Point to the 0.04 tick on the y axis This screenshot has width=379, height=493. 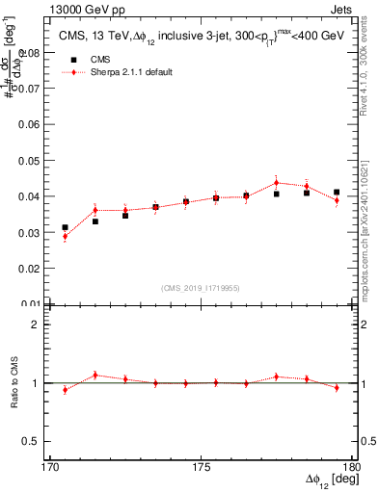pyautogui.click(x=32, y=196)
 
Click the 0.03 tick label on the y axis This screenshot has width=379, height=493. pyautogui.click(x=32, y=232)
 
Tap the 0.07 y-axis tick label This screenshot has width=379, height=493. pyautogui.click(x=32, y=89)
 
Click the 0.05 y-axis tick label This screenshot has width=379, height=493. pyautogui.click(x=32, y=160)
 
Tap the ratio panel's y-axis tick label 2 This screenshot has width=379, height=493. pyautogui.click(x=37, y=324)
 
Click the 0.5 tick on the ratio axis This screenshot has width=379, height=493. pyautogui.click(x=32, y=441)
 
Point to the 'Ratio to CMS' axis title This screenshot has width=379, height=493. pyautogui.click(x=14, y=383)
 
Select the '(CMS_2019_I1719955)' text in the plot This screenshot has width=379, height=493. pyautogui.click(x=201, y=287)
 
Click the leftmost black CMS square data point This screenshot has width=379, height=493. pyautogui.click(x=66, y=227)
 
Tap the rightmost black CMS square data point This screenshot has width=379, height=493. pyautogui.click(x=337, y=193)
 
